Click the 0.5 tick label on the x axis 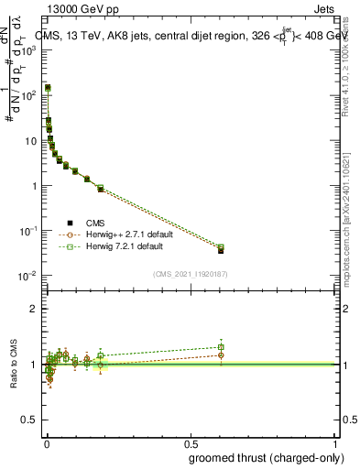[191, 439]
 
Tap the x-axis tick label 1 [334, 439]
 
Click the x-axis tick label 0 [47, 439]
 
